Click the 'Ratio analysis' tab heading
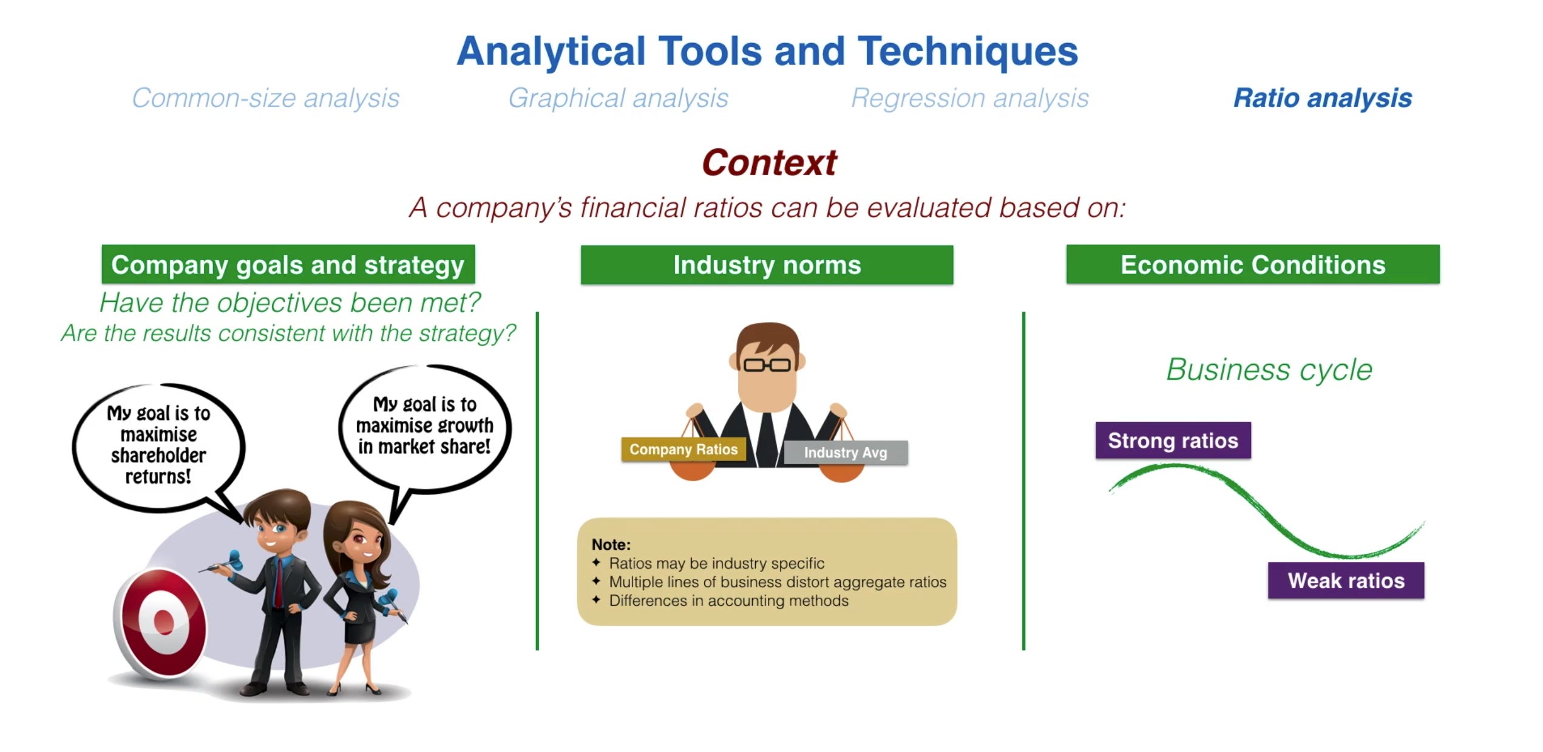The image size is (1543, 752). pos(1322,98)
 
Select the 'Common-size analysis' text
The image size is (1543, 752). pos(265,98)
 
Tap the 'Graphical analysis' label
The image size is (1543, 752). pos(618,98)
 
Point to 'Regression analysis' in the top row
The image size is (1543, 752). pos(969,98)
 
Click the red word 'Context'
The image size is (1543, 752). pos(769,163)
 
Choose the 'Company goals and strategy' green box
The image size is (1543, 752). pos(288,265)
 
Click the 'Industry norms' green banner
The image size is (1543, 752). pos(767,265)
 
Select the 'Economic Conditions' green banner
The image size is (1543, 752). pos(1252,265)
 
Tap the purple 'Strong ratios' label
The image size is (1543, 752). pos(1173,440)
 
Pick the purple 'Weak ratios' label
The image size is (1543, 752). pos(1346,581)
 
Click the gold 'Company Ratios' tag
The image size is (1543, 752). pos(683,449)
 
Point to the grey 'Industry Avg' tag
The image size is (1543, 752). pos(845,453)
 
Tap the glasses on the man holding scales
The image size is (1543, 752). pos(767,365)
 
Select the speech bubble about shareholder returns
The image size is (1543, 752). pos(158,445)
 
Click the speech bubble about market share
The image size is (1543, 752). pos(424,426)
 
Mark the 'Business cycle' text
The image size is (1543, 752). pos(1269,369)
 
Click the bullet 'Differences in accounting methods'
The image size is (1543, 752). pos(728,601)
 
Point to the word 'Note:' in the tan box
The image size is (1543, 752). pos(611,544)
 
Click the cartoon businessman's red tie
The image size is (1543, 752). pos(278,583)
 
